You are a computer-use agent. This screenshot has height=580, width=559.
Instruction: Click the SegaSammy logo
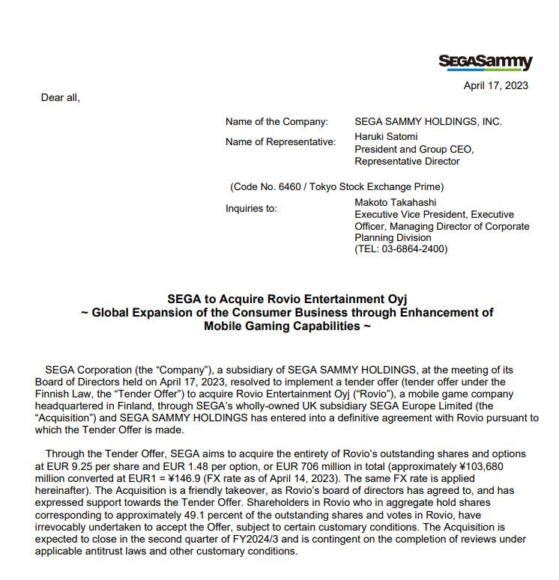coord(485,62)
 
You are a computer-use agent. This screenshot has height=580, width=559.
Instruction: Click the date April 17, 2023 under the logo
coord(495,85)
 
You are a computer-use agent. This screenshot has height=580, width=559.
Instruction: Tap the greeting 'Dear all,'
coord(60,97)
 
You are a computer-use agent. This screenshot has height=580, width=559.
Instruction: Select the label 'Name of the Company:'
coord(277,121)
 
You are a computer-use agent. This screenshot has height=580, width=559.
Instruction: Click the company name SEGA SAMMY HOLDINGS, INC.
coord(428,121)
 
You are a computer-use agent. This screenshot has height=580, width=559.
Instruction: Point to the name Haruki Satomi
coord(386,136)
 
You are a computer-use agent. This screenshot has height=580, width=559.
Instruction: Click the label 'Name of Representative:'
coord(280,142)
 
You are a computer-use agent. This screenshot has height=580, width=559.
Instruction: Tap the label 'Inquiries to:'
coord(251,208)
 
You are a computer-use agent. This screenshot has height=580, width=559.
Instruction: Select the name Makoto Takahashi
coord(396,202)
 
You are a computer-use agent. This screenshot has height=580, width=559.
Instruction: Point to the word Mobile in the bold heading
coord(225,326)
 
